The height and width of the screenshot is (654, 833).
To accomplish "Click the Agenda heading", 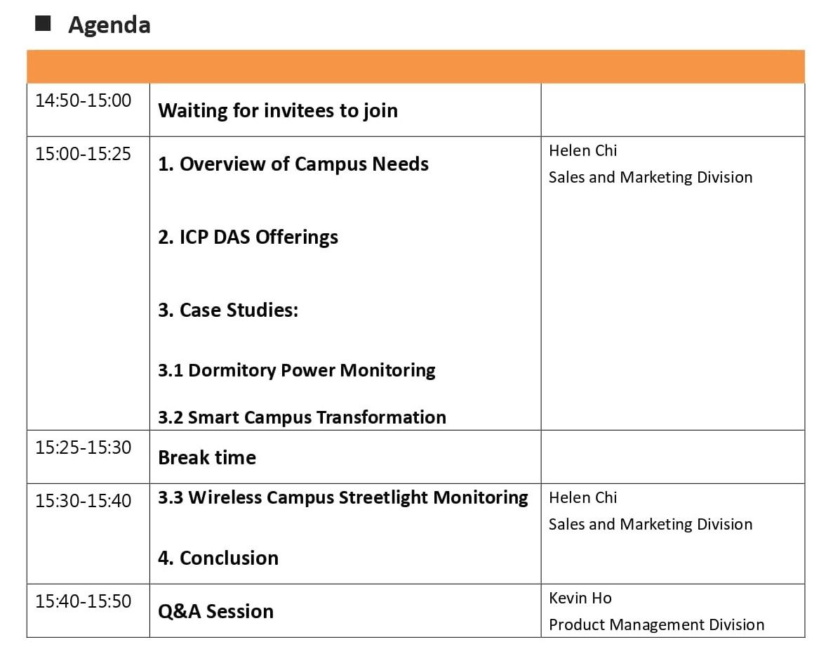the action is (109, 25).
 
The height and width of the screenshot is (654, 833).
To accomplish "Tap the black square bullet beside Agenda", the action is (43, 23).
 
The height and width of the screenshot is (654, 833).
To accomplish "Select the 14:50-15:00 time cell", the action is (83, 100).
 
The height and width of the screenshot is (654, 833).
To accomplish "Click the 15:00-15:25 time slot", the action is (83, 154).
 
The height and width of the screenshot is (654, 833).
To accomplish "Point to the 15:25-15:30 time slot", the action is (83, 447).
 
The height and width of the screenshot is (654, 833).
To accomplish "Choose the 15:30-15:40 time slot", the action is (83, 500).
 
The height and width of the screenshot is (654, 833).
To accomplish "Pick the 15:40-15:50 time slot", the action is (83, 601).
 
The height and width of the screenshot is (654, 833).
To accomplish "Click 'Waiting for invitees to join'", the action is (278, 110).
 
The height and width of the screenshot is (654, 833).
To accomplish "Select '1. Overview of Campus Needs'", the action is (293, 164).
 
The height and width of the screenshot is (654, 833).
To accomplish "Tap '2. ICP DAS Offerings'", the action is (248, 237).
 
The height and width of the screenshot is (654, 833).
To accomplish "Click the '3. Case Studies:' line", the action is (229, 310).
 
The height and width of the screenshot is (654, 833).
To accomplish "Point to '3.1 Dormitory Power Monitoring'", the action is (296, 370).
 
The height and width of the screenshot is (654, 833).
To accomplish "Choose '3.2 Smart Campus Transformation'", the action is (302, 417).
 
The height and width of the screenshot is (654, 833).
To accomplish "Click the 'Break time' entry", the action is (207, 457).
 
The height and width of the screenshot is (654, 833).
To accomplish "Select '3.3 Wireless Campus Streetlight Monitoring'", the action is (343, 497).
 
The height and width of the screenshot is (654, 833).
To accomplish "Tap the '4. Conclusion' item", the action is (218, 558).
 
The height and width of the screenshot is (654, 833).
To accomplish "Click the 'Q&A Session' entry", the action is (215, 611).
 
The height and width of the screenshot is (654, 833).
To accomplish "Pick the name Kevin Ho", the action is (580, 599).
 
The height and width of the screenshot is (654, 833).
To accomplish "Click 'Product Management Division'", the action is (657, 624).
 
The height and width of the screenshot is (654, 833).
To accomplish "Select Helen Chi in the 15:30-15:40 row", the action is (582, 497).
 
